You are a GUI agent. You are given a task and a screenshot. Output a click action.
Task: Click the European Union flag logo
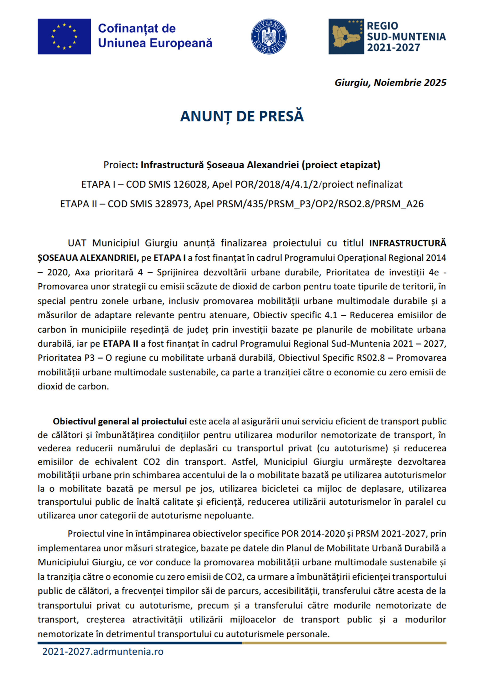click(x=64, y=36)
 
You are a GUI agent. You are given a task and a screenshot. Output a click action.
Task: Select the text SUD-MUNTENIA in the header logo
click(x=406, y=37)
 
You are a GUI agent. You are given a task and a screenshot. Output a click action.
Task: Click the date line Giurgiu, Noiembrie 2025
click(x=390, y=82)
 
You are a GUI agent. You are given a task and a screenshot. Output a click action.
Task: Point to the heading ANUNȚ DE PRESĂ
click(x=242, y=116)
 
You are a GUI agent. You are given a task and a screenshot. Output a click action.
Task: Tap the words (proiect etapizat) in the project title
click(x=341, y=165)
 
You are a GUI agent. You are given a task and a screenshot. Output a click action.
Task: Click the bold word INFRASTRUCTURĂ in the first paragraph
click(x=407, y=243)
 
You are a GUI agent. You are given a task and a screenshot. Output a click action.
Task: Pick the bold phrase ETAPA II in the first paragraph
click(x=120, y=344)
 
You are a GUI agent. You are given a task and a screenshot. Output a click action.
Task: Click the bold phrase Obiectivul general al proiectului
click(x=120, y=421)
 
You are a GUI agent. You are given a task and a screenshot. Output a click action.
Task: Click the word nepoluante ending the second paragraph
click(x=231, y=515)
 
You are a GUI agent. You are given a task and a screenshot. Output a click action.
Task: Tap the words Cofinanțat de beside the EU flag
click(x=137, y=28)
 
